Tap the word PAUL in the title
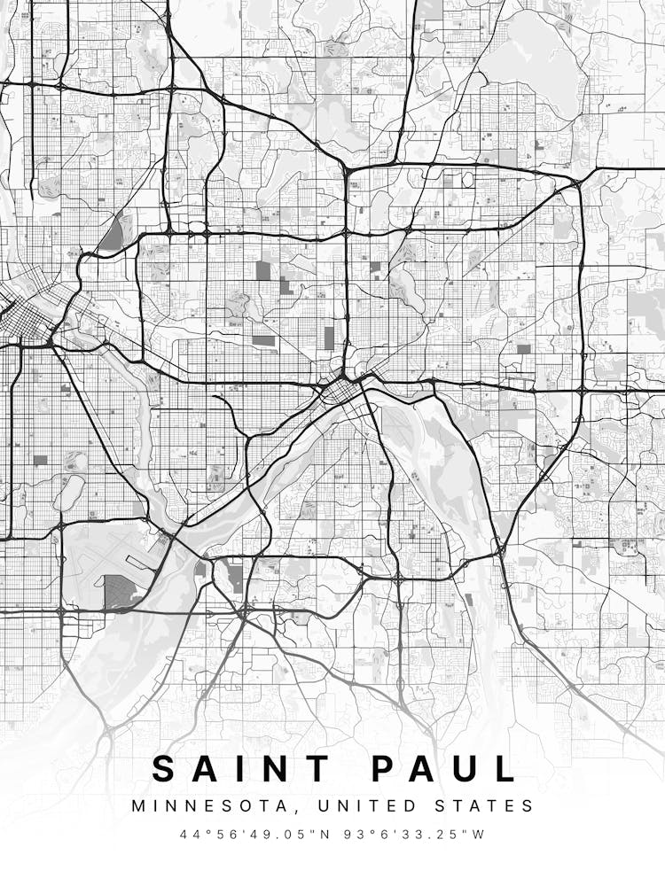(443, 768)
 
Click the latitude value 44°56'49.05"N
(250, 835)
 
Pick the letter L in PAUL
(506, 768)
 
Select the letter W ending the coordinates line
(480, 835)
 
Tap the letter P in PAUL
(382, 768)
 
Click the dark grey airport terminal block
(120, 591)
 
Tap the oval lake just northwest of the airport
(69, 492)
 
